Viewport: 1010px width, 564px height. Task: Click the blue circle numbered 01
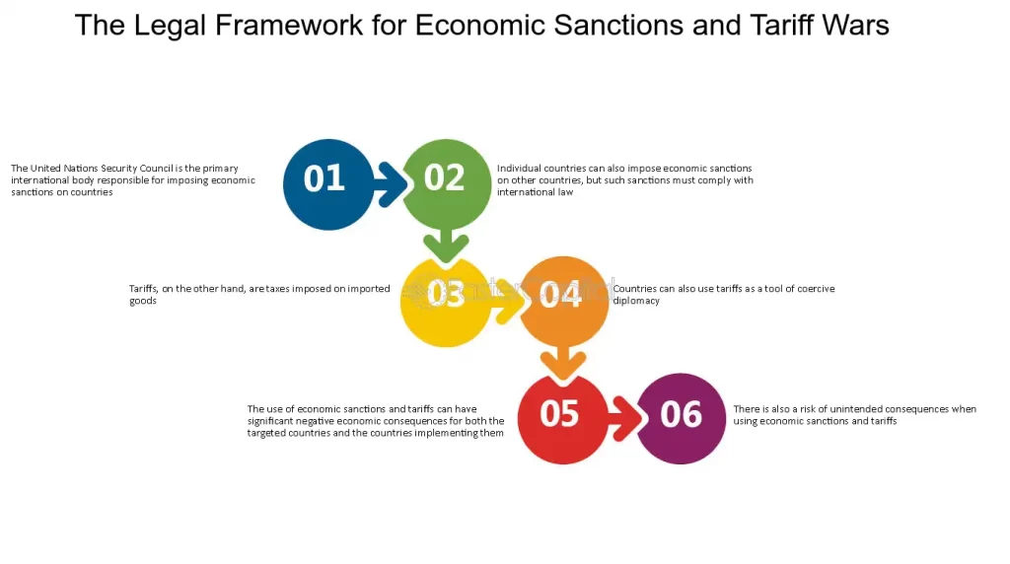(328, 184)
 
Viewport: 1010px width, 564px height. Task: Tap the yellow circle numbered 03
(446, 302)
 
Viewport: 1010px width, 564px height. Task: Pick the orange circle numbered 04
(563, 302)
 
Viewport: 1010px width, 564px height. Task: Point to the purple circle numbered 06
(681, 418)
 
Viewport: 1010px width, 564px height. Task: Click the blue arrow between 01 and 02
(391, 184)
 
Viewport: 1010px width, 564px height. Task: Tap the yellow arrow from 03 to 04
(509, 302)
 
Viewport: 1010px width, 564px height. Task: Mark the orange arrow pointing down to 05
(563, 363)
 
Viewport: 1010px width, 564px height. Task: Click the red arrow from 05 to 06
(626, 418)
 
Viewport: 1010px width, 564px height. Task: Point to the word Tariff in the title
(775, 26)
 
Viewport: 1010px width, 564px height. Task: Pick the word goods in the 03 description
(143, 302)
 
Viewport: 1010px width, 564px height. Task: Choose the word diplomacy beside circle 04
(636, 302)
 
